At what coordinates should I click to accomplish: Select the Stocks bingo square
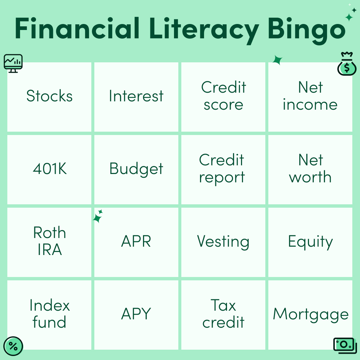pyautogui.click(x=49, y=97)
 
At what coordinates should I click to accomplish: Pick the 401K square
pyautogui.click(x=49, y=169)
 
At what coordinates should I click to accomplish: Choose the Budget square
pyautogui.click(x=136, y=169)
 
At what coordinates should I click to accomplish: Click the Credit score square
pyautogui.click(x=223, y=97)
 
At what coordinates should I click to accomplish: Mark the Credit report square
pyautogui.click(x=223, y=169)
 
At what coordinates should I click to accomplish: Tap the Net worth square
pyautogui.click(x=310, y=169)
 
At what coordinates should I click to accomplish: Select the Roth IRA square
pyautogui.click(x=49, y=242)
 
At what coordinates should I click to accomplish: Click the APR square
pyautogui.click(x=136, y=242)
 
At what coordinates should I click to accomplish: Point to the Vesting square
pyautogui.click(x=223, y=242)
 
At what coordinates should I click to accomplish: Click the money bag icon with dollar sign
pyautogui.click(x=347, y=64)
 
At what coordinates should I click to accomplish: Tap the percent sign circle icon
pyautogui.click(x=13, y=346)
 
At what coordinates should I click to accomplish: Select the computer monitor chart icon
pyautogui.click(x=13, y=63)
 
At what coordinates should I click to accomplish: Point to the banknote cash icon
pyautogui.click(x=345, y=346)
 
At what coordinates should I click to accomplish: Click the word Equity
pyautogui.click(x=310, y=242)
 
